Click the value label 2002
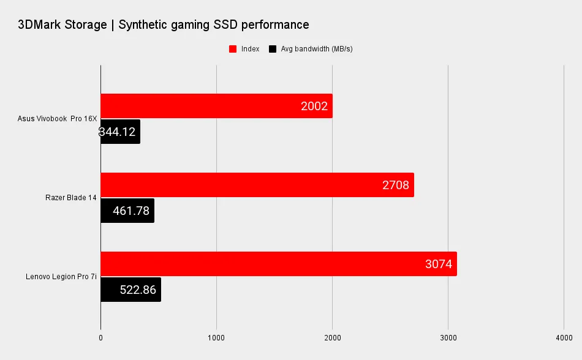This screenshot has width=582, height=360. tap(314, 107)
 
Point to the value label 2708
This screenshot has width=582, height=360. tap(395, 186)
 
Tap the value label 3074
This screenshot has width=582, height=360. tap(438, 264)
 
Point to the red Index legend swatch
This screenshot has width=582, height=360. tap(233, 49)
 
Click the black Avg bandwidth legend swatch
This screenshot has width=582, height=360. tap(273, 49)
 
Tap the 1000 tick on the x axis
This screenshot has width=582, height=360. tap(216, 337)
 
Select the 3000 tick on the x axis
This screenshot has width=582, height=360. tap(448, 337)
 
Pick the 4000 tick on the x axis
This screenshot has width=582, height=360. tap(564, 337)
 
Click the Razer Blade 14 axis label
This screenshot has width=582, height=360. tap(71, 197)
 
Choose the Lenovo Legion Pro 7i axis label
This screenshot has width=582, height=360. tap(61, 276)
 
